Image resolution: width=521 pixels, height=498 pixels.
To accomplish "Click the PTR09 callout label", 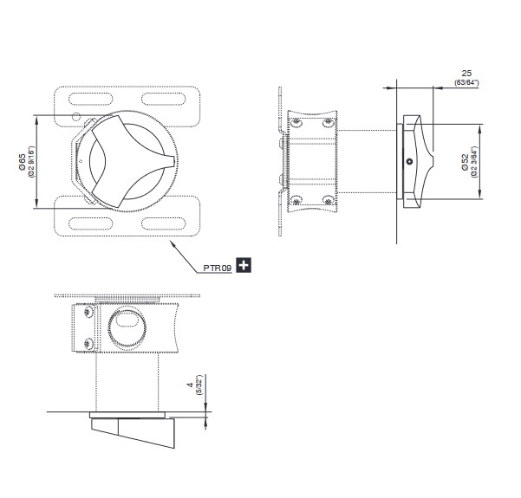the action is pyautogui.click(x=217, y=268).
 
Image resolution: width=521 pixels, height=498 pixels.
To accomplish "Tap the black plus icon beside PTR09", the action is pyautogui.click(x=244, y=265).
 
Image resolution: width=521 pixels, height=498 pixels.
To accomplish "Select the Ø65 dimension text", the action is pyautogui.click(x=22, y=162).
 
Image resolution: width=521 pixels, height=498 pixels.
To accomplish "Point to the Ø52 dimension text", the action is pyautogui.click(x=466, y=162).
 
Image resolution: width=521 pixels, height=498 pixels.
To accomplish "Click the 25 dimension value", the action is pyautogui.click(x=466, y=74).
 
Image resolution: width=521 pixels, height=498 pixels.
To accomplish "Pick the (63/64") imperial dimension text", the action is pyautogui.click(x=467, y=82).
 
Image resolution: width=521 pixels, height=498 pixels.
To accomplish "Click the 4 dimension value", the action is pyautogui.click(x=191, y=385).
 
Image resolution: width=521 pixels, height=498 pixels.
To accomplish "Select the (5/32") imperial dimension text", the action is pyautogui.click(x=199, y=385).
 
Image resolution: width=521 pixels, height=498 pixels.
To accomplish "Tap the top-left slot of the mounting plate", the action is pyautogui.click(x=90, y=100).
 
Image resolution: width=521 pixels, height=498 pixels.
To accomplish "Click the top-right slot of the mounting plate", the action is pyautogui.click(x=164, y=100).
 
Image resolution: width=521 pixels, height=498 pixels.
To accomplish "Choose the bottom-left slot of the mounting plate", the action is pyautogui.click(x=90, y=223).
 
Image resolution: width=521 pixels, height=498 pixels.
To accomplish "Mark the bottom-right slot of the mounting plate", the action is pyautogui.click(x=164, y=223).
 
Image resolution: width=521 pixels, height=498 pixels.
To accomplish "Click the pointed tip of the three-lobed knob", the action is pyautogui.click(x=173, y=161).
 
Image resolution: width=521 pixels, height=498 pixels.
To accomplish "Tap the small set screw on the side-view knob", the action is pyautogui.click(x=410, y=162).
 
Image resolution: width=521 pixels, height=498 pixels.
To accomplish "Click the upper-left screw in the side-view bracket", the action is pyautogui.click(x=296, y=122).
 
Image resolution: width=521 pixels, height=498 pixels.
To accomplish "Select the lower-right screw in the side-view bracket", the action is pyautogui.click(x=329, y=200).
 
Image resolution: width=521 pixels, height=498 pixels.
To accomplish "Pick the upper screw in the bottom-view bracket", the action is pyautogui.click(x=88, y=312).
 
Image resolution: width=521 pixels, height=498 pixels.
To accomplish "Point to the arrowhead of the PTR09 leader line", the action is pyautogui.click(x=173, y=242).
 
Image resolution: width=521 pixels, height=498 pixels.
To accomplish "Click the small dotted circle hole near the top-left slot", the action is pyautogui.click(x=76, y=117).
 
